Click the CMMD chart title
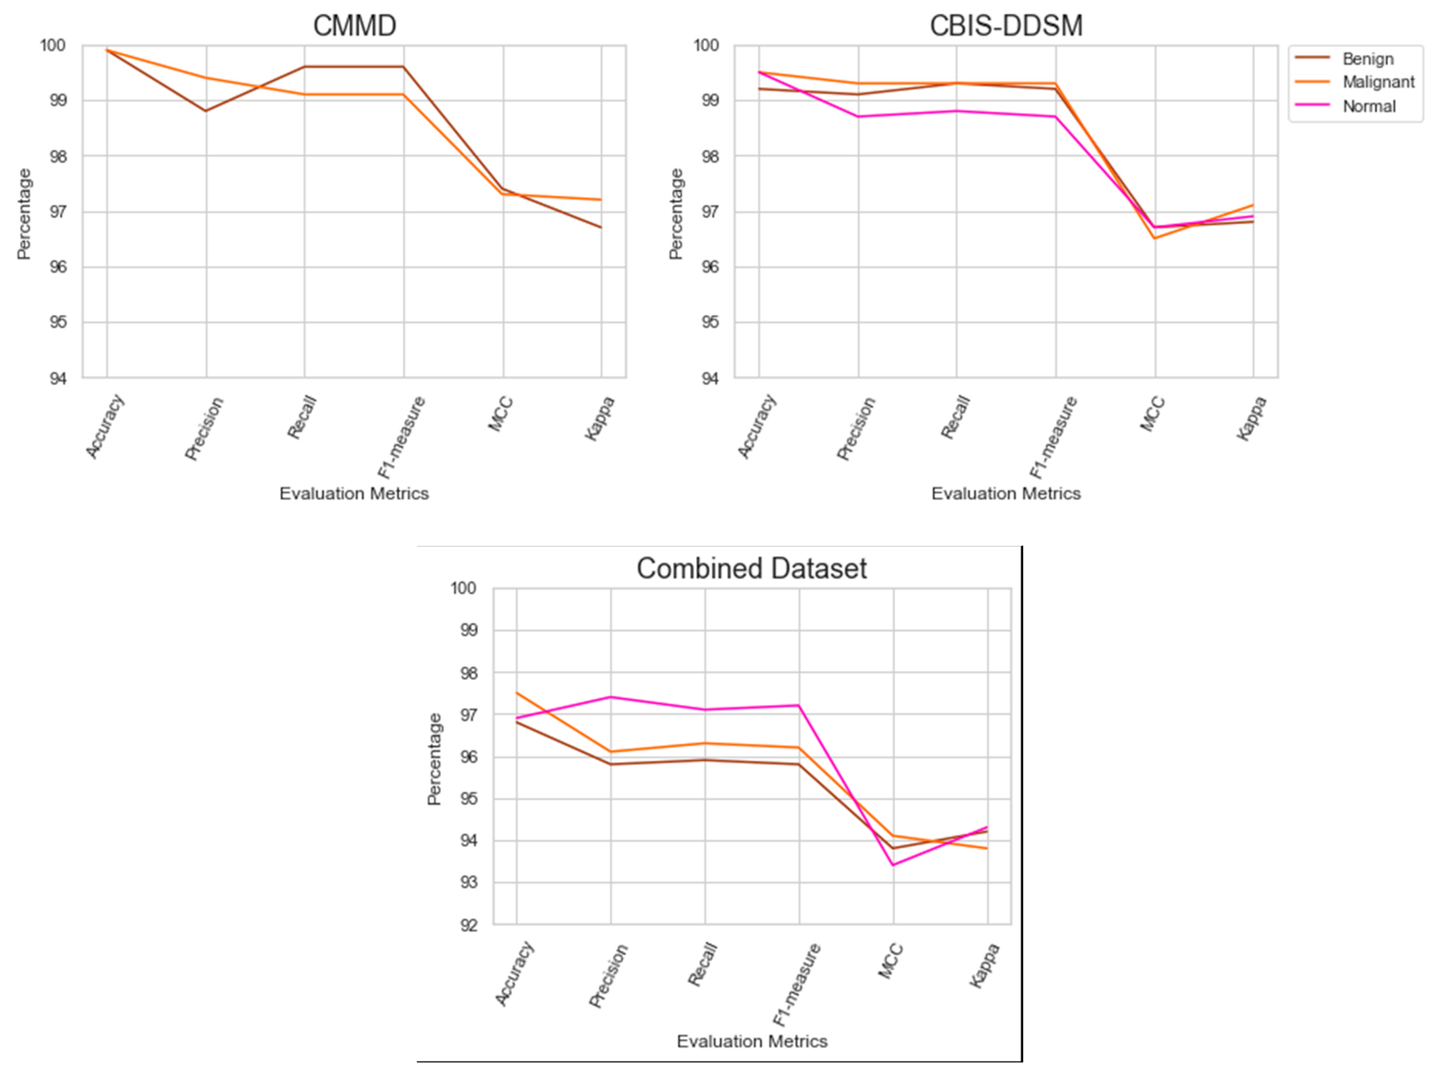click(354, 26)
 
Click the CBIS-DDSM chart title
click(1006, 26)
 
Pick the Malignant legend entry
click(1378, 82)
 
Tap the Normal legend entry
click(1369, 106)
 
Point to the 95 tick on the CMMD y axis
click(58, 322)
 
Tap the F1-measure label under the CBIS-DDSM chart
click(1053, 437)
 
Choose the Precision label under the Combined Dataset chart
click(608, 976)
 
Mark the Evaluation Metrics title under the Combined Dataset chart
click(752, 1041)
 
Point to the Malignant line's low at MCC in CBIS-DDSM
click(1155, 238)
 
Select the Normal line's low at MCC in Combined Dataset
click(893, 865)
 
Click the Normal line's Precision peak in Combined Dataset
click(611, 697)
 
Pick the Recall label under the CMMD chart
click(302, 418)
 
